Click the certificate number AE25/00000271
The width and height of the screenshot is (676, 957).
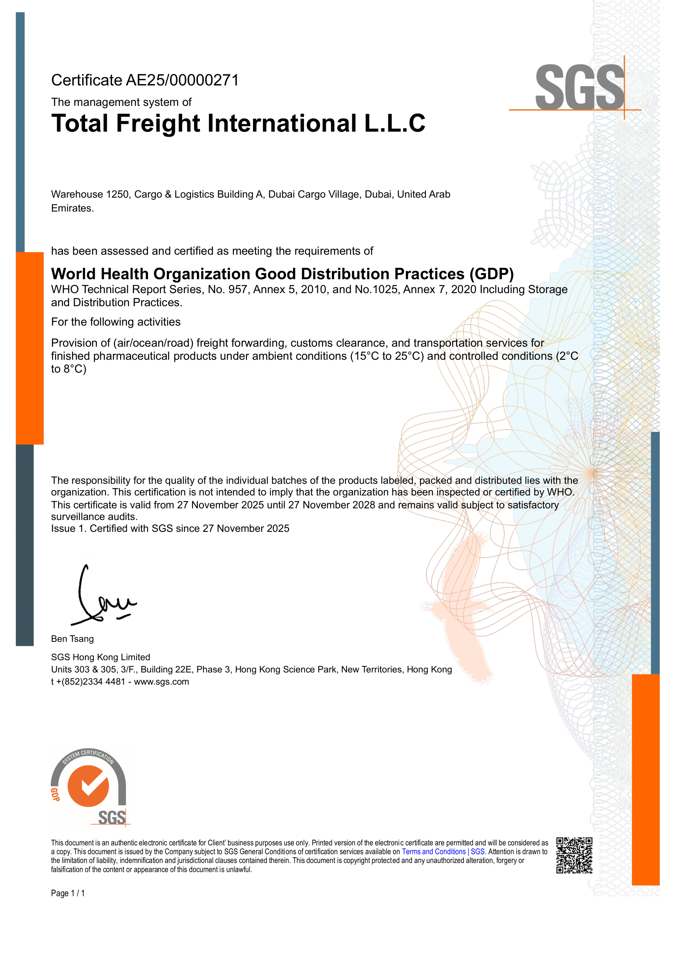click(182, 81)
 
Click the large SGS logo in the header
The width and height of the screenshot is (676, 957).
click(579, 87)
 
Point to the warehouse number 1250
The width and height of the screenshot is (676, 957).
click(118, 195)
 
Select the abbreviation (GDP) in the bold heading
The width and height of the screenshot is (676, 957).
click(491, 274)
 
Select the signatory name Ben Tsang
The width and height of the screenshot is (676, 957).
click(72, 639)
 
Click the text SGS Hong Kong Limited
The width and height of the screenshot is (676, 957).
click(101, 657)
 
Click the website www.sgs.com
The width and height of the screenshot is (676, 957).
click(161, 682)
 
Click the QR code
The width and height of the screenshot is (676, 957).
click(574, 855)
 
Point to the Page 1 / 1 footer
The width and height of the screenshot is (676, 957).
click(68, 893)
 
